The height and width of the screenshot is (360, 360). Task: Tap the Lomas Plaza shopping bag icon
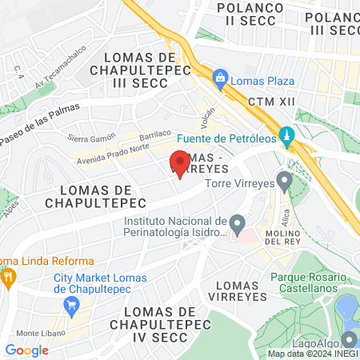[x=218, y=78]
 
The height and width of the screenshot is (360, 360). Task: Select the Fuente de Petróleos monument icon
[x=286, y=135]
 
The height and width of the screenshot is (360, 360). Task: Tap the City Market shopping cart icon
[x=71, y=303]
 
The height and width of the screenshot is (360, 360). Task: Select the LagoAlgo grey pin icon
[x=348, y=339]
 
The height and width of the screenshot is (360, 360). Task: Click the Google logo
[x=26, y=350]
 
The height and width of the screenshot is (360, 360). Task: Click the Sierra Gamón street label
[x=88, y=138]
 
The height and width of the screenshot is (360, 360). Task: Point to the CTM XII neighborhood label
[x=266, y=102]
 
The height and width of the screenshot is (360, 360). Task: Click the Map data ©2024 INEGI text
[x=312, y=353]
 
